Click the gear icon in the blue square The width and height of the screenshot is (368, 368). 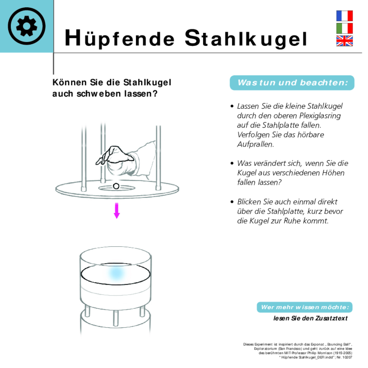pyautogui.click(x=27, y=26)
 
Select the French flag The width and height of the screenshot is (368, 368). pyautogui.click(x=344, y=16)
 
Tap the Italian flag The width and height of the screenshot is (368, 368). pyautogui.click(x=344, y=28)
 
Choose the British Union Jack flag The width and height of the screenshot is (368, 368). pyautogui.click(x=344, y=41)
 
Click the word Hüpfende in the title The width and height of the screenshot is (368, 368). pyautogui.click(x=120, y=39)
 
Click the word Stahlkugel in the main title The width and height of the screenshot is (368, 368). pyautogui.click(x=246, y=39)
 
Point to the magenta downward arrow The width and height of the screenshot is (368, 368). pyautogui.click(x=117, y=210)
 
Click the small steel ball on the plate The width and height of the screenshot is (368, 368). pyautogui.click(x=116, y=186)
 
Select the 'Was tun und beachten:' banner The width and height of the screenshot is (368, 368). pyautogui.click(x=292, y=83)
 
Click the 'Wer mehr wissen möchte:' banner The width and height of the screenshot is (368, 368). pyautogui.click(x=304, y=307)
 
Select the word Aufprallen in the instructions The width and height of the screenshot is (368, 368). pyautogui.click(x=255, y=145)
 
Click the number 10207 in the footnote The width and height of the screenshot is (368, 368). pyautogui.click(x=347, y=357)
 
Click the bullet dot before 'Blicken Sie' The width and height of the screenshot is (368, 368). pyautogui.click(x=232, y=202)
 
